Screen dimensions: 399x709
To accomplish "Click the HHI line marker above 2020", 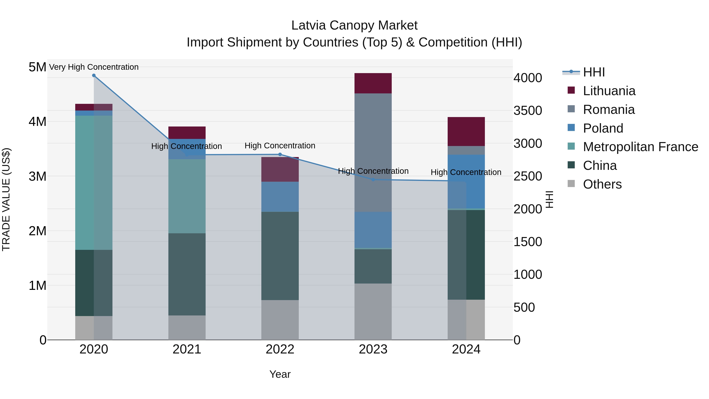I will (x=94, y=75).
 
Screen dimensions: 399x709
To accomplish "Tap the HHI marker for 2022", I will (x=280, y=154).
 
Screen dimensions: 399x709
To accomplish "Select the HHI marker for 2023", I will (x=373, y=180).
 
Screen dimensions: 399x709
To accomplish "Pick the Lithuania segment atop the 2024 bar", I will (x=466, y=132).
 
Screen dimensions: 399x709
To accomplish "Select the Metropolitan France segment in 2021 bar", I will (x=187, y=196).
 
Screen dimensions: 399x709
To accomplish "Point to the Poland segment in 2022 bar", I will (x=280, y=197).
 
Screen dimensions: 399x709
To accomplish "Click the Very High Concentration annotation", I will (x=94, y=67).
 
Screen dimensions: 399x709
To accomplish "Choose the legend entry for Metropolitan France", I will (x=640, y=147).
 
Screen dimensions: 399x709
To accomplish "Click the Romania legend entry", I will (x=609, y=110).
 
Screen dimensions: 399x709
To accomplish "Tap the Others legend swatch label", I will (x=602, y=184).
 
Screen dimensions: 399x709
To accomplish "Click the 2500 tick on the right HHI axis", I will (x=528, y=176).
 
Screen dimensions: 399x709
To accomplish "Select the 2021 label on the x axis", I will (x=187, y=349).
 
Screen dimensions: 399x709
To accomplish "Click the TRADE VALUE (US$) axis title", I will (x=6, y=199).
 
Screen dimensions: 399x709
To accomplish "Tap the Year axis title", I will (x=280, y=374).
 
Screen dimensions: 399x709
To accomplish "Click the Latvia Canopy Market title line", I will (x=354, y=25).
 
